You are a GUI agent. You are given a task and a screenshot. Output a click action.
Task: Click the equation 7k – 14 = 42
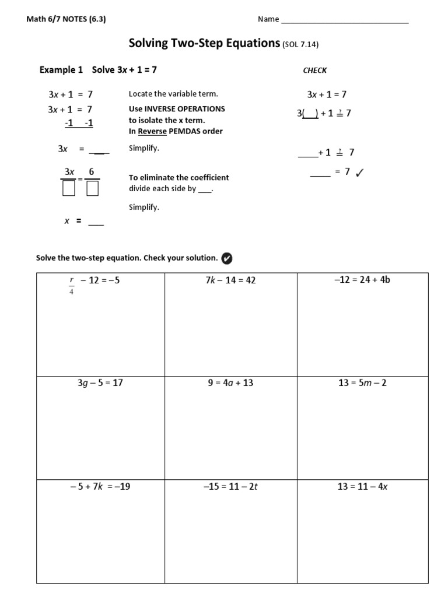(230, 280)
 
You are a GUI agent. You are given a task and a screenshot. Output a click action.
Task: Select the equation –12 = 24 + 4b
(362, 279)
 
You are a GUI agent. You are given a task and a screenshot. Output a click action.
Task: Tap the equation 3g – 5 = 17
(100, 383)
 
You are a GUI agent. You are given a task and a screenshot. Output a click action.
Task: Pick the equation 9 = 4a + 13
(230, 383)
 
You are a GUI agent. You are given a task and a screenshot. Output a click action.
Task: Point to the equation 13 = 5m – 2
(362, 383)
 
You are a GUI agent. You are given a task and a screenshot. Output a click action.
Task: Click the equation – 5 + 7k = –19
(100, 486)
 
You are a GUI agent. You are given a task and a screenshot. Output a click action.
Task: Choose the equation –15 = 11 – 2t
(230, 486)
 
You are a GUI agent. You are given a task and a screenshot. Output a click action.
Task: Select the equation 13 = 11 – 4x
(362, 486)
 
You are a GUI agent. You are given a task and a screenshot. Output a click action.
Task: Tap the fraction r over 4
(72, 283)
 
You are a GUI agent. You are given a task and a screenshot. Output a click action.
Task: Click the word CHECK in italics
(315, 71)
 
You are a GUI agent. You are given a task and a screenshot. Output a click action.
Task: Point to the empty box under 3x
(69, 188)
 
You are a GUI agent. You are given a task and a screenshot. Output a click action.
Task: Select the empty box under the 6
(92, 188)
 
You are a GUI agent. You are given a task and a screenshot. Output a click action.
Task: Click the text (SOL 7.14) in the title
(300, 44)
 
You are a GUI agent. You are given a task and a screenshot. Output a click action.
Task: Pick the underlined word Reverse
(152, 131)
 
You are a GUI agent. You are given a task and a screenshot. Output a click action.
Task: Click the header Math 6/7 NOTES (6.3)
(66, 19)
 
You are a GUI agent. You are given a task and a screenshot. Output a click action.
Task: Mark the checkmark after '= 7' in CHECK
(359, 172)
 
